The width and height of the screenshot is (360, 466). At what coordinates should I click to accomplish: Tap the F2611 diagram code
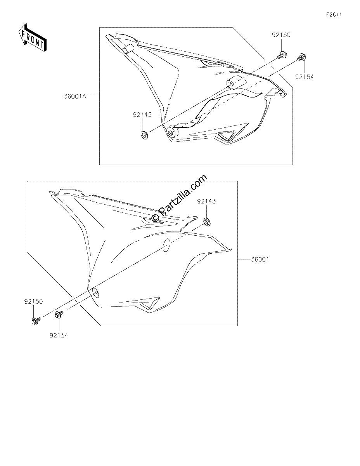click(x=334, y=15)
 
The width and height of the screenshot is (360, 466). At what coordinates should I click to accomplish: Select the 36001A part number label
click(x=75, y=97)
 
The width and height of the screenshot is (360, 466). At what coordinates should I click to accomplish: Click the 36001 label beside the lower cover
click(x=260, y=259)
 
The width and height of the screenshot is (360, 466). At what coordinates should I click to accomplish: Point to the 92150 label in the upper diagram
click(x=281, y=35)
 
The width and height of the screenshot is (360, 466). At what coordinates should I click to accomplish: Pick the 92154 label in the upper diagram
click(x=304, y=77)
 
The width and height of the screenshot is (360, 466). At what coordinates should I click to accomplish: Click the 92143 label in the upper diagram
click(x=142, y=115)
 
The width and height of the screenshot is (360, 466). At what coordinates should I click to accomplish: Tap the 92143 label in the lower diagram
click(x=206, y=201)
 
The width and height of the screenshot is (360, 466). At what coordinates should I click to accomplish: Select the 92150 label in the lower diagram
click(x=33, y=301)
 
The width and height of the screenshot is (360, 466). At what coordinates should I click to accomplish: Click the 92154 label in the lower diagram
click(x=59, y=336)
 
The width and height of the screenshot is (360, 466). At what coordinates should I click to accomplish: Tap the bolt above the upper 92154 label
click(x=301, y=57)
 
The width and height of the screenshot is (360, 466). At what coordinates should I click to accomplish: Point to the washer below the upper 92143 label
click(x=145, y=134)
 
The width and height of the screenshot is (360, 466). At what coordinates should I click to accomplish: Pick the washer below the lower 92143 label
click(x=207, y=221)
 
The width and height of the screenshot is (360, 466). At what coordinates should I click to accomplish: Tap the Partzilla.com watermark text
click(x=180, y=198)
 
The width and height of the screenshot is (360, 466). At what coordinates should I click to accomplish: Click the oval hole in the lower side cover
click(x=166, y=245)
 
